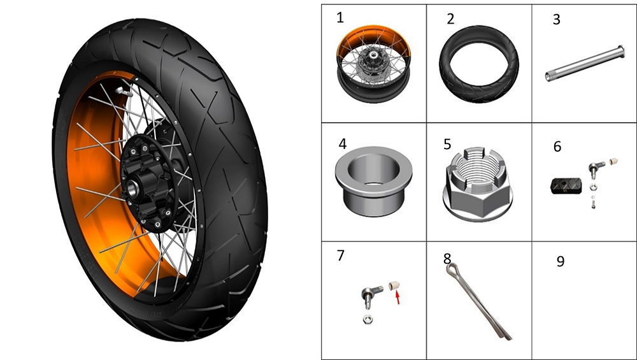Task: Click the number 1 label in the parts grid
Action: [x=340, y=17]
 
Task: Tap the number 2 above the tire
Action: [x=450, y=18]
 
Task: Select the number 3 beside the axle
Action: [x=557, y=20]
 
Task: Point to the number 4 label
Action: [x=343, y=144]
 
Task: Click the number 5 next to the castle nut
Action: [x=447, y=144]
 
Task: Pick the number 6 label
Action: [x=557, y=147]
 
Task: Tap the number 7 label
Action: [x=340, y=255]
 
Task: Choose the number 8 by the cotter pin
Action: [x=447, y=259]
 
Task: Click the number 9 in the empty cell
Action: [x=560, y=261]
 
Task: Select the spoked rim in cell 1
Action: [x=373, y=64]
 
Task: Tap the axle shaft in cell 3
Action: [x=584, y=63]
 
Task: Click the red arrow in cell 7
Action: [x=398, y=298]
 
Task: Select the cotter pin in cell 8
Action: [x=478, y=302]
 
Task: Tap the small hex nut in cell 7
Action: [x=368, y=319]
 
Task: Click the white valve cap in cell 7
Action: [x=393, y=285]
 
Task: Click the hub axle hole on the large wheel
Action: [x=132, y=188]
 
